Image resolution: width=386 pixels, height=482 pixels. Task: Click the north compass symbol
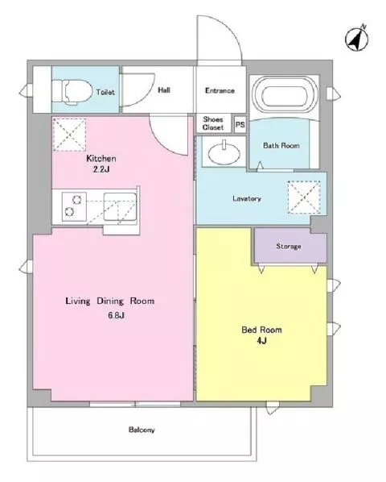(357, 39)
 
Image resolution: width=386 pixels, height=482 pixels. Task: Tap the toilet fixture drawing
(72, 92)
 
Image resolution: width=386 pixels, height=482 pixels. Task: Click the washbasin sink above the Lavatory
(224, 152)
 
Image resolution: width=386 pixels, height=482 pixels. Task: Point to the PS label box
(240, 124)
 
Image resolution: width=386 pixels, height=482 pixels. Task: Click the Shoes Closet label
(213, 123)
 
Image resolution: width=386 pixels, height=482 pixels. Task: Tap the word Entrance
(220, 91)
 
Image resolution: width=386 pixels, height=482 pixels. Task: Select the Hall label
(164, 90)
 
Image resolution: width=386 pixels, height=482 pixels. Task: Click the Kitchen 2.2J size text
(101, 169)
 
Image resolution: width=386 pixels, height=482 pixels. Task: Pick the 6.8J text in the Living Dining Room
(116, 315)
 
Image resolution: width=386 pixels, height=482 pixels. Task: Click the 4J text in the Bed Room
(261, 341)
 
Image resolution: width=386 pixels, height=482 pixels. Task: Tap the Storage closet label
(289, 246)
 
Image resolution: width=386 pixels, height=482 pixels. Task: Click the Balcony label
(142, 430)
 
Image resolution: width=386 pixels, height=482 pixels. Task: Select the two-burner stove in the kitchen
(74, 206)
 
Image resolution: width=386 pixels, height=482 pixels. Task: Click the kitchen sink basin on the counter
(120, 206)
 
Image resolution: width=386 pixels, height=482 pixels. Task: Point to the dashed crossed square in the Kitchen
(69, 135)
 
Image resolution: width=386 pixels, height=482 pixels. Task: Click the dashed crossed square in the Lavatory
(304, 197)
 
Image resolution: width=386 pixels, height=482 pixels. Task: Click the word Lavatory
(247, 198)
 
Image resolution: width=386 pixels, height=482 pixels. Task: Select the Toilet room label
(105, 92)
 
